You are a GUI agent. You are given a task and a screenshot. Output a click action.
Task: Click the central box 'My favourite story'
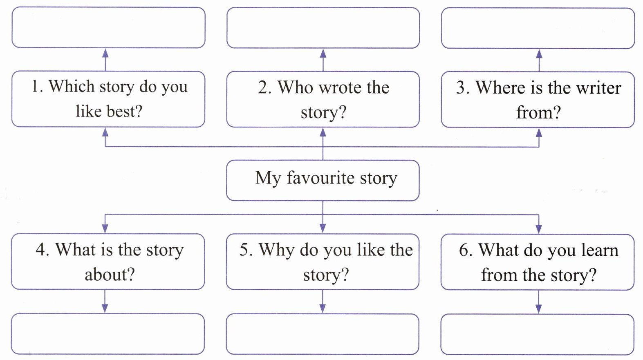click(x=323, y=181)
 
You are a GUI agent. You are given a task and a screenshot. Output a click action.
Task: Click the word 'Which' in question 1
click(x=72, y=86)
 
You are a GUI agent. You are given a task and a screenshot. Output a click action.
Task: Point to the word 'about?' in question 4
click(x=110, y=275)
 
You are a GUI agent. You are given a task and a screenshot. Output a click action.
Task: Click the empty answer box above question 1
click(x=108, y=27)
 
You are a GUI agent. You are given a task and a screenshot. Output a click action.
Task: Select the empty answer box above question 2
click(x=323, y=28)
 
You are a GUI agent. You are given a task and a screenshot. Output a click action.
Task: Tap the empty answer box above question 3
click(x=538, y=28)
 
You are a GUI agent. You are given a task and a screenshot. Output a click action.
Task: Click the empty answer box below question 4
click(x=108, y=334)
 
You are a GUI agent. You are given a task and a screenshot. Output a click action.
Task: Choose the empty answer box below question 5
click(x=323, y=334)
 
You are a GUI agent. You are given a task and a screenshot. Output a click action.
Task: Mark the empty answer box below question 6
click(x=538, y=335)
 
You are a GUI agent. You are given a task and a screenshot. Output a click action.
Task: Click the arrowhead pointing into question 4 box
click(x=105, y=228)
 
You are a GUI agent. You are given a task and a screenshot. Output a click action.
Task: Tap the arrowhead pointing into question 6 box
click(x=539, y=229)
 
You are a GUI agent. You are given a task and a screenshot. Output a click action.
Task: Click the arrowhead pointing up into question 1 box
click(x=105, y=132)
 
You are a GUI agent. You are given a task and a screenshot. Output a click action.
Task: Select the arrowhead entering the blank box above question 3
click(x=539, y=54)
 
